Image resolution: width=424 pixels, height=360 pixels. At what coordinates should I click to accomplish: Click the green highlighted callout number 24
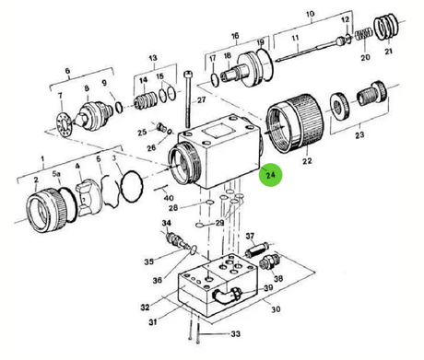pos(270,175)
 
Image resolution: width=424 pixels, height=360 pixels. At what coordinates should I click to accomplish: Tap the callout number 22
pos(307,161)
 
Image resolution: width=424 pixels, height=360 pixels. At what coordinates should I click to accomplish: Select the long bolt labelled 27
pos(188,99)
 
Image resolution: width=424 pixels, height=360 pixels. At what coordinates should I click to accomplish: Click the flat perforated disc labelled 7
pos(65,125)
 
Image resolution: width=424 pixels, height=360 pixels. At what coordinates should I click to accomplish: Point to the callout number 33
pos(235,333)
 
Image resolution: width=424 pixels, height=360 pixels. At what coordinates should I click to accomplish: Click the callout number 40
pos(169,198)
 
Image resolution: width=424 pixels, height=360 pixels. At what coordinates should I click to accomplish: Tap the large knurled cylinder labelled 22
pos(295,122)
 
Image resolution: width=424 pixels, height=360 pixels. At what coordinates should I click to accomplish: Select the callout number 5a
pos(56,174)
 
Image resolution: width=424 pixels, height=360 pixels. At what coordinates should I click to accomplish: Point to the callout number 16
pos(235,36)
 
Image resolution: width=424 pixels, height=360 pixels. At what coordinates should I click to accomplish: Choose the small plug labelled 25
pos(160,126)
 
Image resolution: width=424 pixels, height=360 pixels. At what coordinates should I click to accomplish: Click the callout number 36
pos(157,280)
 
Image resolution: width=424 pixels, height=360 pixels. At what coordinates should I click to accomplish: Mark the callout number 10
pos(310,14)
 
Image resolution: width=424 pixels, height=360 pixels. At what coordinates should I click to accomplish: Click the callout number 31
pos(153,321)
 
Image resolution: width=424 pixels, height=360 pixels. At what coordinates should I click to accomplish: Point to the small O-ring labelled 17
pos(215,78)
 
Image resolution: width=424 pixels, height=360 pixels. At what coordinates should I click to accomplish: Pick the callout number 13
pos(153,58)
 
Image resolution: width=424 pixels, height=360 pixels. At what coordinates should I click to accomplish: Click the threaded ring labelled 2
pos(46,210)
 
